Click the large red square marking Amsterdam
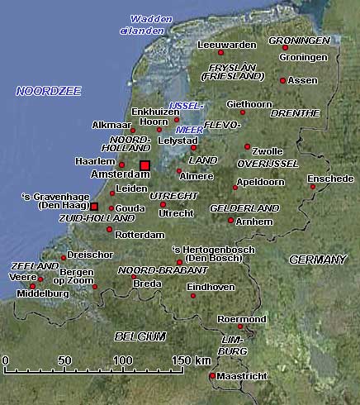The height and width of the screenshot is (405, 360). pos(144,165)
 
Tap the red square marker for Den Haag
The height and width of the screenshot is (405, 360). pos(94,205)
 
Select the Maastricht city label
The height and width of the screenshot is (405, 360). pos(243,377)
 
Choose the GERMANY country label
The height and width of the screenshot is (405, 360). pos(317,260)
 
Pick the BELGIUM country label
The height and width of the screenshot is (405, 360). pos(140,336)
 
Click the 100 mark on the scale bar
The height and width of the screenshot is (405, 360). pos(122,360)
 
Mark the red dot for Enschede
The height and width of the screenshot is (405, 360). pos(314,187)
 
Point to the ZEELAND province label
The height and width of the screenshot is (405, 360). pos(36,266)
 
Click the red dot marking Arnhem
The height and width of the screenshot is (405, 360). pos(230,220)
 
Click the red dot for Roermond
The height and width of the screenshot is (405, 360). pos(240,326)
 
